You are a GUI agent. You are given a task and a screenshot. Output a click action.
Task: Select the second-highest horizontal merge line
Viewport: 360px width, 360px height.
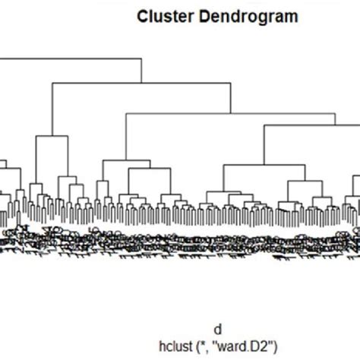[x=141, y=83]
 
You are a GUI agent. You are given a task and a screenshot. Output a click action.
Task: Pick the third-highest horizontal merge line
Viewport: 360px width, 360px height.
[x=228, y=114]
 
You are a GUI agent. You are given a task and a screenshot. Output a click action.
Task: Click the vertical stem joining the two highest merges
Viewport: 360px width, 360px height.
[x=141, y=71]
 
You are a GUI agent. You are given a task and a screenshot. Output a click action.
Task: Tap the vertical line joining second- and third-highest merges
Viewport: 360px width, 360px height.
[x=231, y=99]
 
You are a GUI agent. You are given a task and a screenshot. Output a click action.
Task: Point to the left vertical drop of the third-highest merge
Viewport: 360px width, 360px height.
[x=125, y=137]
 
